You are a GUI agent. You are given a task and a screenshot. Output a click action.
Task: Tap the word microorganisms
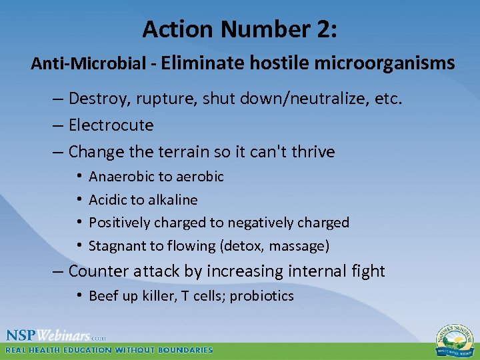(x=385, y=63)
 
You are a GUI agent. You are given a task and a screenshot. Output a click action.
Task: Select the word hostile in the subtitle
(x=279, y=63)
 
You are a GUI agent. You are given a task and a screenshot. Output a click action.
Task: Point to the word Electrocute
(x=111, y=125)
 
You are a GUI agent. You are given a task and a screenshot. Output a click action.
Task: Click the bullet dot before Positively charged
(x=79, y=223)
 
